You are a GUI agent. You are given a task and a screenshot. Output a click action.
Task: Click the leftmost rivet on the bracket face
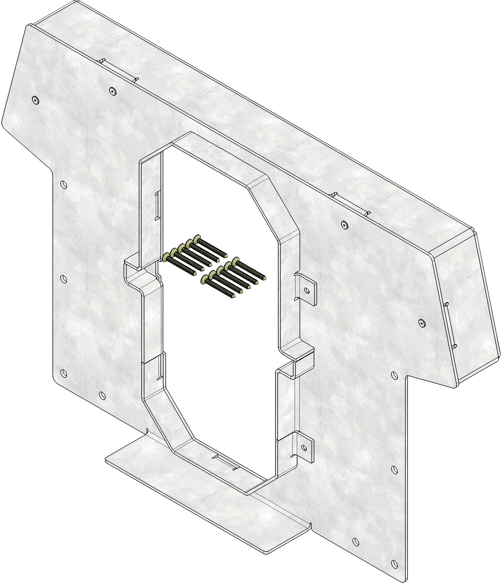coord(35,100)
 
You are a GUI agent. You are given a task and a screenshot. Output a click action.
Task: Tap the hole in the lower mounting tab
coord(304,447)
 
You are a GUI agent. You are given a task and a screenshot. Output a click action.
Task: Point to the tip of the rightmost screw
coord(264,277)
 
